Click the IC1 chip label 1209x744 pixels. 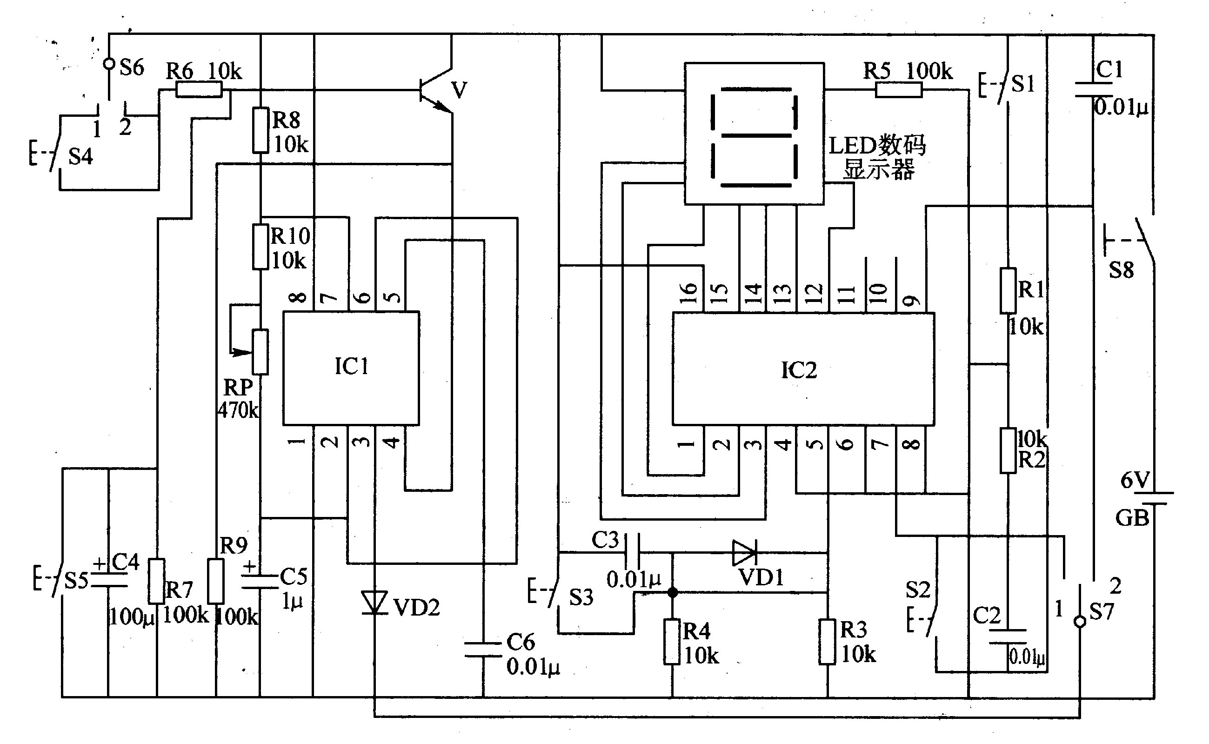[351, 367]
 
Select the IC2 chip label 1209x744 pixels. [799, 370]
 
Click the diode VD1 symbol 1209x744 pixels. [744, 553]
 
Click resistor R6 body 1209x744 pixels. [199, 89]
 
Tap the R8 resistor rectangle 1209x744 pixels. [261, 130]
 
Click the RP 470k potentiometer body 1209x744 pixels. [260, 352]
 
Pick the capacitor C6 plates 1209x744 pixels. [483, 649]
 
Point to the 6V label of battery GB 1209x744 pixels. [1135, 480]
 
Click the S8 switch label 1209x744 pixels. [1122, 270]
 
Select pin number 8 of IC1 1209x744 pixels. [298, 297]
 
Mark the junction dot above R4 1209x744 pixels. [672, 593]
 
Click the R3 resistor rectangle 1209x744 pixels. [827, 642]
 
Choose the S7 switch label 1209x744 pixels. [1101, 612]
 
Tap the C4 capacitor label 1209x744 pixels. [126, 562]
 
